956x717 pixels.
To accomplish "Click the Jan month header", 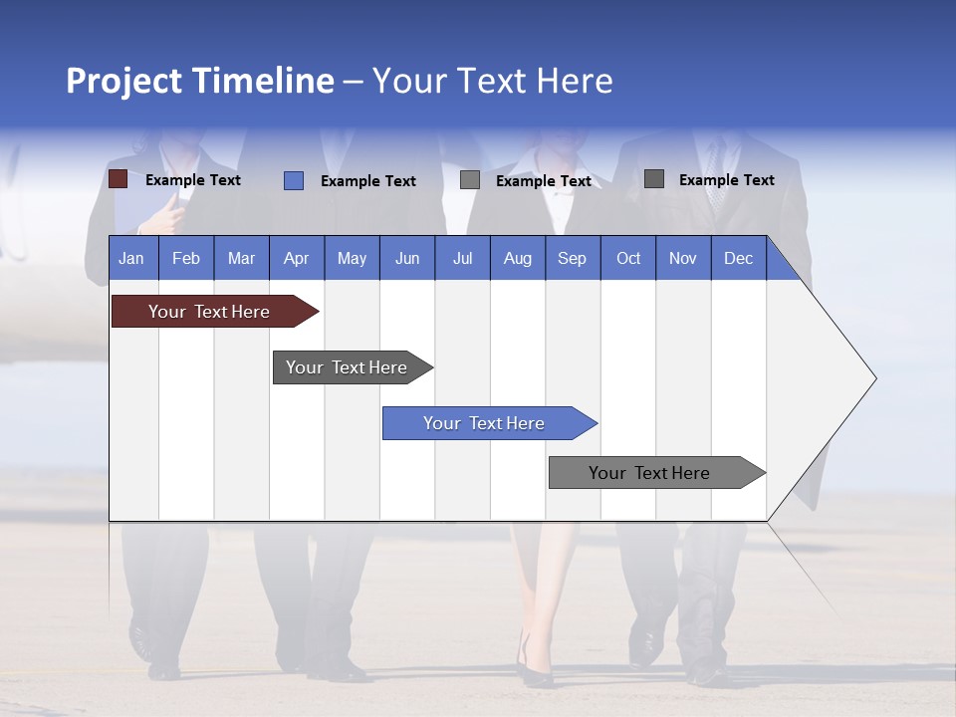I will (131, 258).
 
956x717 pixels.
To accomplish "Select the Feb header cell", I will (186, 258).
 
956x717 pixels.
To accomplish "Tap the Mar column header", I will (241, 258).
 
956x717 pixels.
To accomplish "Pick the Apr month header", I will (296, 258).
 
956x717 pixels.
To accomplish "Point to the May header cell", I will (352, 258).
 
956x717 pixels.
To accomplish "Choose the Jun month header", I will (407, 258).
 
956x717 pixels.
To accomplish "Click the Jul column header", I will (462, 258).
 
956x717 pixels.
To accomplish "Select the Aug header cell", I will (518, 258).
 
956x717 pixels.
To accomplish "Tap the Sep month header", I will (573, 258).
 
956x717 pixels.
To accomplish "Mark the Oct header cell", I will (628, 258).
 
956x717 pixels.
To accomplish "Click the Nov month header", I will (683, 258).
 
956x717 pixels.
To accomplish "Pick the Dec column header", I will (739, 258).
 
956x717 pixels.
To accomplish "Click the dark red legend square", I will (118, 179).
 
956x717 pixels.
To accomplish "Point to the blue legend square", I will (294, 180).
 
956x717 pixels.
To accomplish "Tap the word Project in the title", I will (124, 81).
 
